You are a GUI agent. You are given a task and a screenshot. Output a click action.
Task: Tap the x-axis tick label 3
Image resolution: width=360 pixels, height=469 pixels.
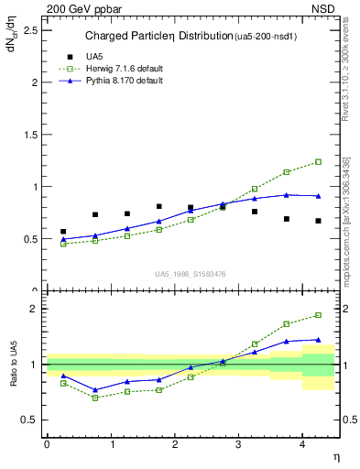point(238,444)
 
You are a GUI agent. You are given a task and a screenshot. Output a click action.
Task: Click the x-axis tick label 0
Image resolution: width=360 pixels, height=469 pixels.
point(47,444)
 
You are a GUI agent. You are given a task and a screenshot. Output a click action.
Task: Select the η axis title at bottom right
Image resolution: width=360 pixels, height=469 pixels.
point(334,457)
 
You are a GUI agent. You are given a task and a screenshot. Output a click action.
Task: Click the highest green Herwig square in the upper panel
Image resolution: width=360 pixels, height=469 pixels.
point(318,162)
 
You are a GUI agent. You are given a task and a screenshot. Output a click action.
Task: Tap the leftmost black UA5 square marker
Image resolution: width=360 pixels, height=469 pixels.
point(63,232)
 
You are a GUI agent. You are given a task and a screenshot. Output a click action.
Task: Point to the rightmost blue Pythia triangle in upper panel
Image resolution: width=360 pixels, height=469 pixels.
point(318,195)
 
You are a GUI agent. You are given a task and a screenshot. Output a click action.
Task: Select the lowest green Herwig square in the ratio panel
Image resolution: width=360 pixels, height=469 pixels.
point(95,398)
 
